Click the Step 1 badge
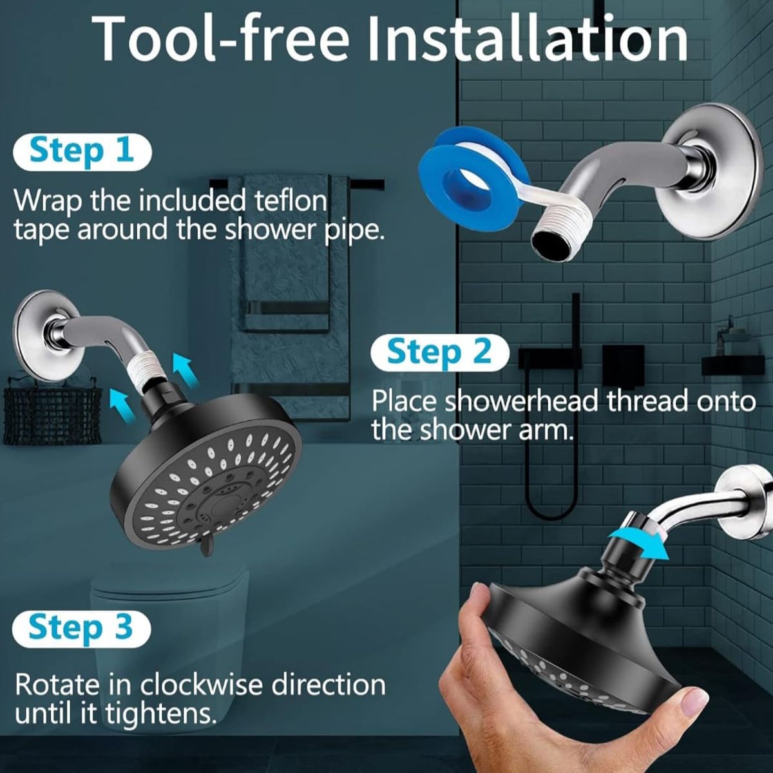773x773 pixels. coord(82,152)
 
